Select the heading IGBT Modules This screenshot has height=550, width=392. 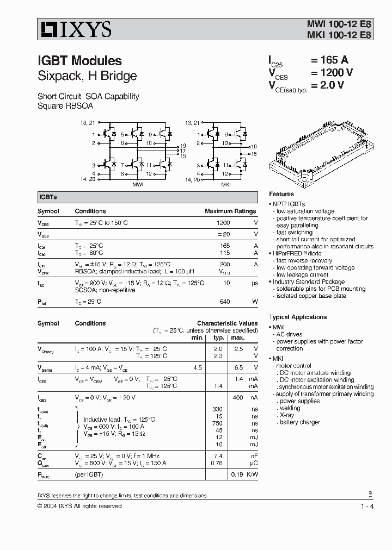pyautogui.click(x=79, y=61)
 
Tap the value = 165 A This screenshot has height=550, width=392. pyautogui.click(x=329, y=60)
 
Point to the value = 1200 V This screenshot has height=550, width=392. pyautogui.click(x=332, y=72)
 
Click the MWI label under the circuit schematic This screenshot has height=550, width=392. pyautogui.click(x=138, y=185)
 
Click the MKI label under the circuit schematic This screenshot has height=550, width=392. pyautogui.click(x=225, y=185)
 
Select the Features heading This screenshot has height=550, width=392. pyautogui.click(x=281, y=194)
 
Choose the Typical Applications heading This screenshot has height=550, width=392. pyautogui.click(x=298, y=317)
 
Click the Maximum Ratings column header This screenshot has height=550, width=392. pyautogui.click(x=230, y=211)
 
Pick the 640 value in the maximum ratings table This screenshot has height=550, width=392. pyautogui.click(x=224, y=302)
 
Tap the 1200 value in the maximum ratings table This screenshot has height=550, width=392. pyautogui.click(x=223, y=223)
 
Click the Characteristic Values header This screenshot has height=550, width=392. pyautogui.click(x=227, y=323)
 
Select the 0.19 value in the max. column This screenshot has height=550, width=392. pyautogui.click(x=237, y=474)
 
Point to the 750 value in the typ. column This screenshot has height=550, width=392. pyautogui.click(x=218, y=423)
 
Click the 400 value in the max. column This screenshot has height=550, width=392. pyautogui.click(x=237, y=398)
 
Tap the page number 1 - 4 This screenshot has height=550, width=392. pyautogui.click(x=367, y=506)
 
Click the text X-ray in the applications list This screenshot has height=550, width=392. pyautogui.click(x=286, y=415)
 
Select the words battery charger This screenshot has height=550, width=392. pyautogui.click(x=300, y=422)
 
